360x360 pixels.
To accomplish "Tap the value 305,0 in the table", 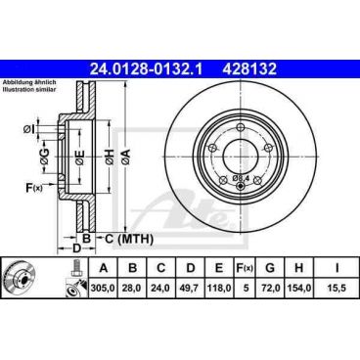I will (103, 291).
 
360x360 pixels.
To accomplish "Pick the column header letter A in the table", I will (103, 267).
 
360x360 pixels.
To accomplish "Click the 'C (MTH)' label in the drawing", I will (124, 237).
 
